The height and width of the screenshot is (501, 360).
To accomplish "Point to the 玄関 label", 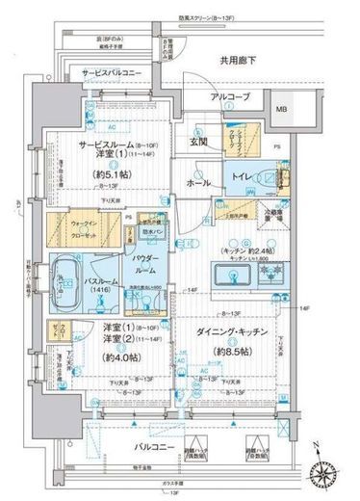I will click(x=198, y=142).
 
